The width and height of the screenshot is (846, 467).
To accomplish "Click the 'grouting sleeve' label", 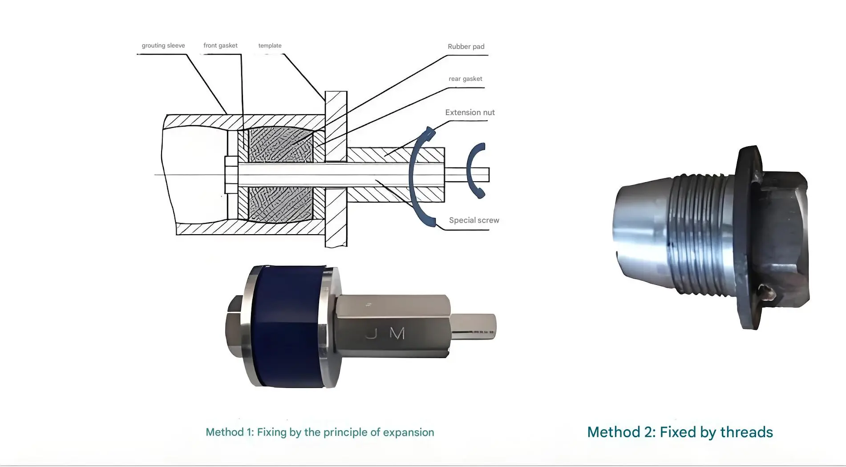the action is tap(163, 45).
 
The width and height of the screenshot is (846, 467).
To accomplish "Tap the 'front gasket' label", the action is tap(220, 45).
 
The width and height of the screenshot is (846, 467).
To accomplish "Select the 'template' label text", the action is tap(270, 45).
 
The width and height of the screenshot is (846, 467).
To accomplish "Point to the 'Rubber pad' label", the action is tap(466, 46).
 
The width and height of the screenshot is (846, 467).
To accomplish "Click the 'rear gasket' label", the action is tap(465, 79).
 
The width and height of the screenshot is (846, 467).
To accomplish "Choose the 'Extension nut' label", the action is tap(470, 112).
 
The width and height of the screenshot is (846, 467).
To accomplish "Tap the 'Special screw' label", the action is tap(474, 220).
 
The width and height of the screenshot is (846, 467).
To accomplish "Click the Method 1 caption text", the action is tap(320, 432).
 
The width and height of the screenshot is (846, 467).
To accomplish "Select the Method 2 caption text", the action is tap(680, 432).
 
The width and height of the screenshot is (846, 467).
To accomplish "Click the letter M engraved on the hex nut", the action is tap(397, 333).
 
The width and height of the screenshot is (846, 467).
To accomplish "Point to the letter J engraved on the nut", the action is tap(372, 333).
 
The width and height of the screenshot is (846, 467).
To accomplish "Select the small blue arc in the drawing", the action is tap(476, 170).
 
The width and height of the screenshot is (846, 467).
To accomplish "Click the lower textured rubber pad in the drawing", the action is tap(281, 205).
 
